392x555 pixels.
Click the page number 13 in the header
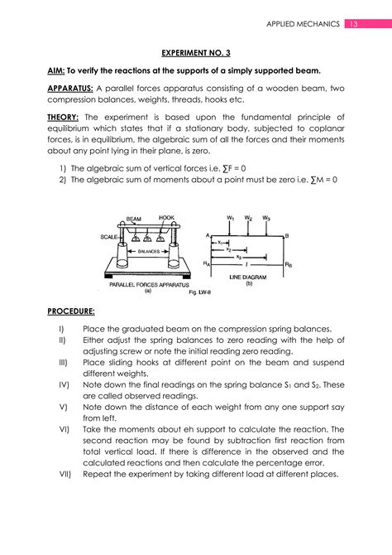click(x=356, y=24)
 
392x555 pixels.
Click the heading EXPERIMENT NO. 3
click(x=195, y=52)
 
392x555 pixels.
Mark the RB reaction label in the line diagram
click(x=288, y=264)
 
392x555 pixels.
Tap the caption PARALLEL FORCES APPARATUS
click(x=150, y=284)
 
